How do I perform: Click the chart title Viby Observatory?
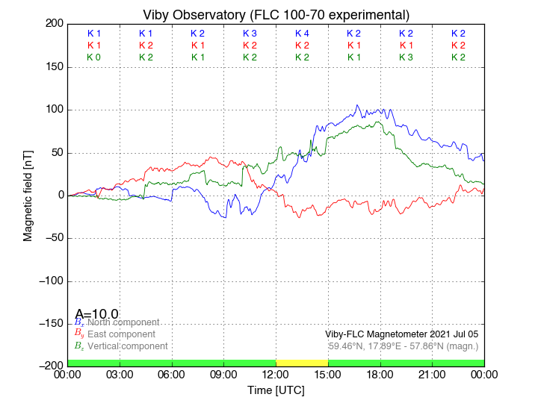tap(276, 15)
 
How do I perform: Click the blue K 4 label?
tap(302, 34)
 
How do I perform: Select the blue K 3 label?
tap(250, 34)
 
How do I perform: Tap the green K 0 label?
tap(93, 57)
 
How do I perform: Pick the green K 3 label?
tap(406, 57)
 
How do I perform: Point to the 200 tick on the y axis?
tap(52, 24)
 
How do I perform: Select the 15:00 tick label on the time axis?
tap(328, 375)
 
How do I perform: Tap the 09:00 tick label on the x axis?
tap(224, 375)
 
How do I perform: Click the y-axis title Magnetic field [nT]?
tap(28, 195)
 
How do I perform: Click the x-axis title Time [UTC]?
tap(276, 390)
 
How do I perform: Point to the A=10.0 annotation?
tap(96, 314)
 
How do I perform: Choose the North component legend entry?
tap(120, 322)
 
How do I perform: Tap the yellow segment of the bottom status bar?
tap(302, 363)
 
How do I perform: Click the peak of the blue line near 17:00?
tap(357, 105)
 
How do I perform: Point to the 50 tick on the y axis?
tap(55, 152)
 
